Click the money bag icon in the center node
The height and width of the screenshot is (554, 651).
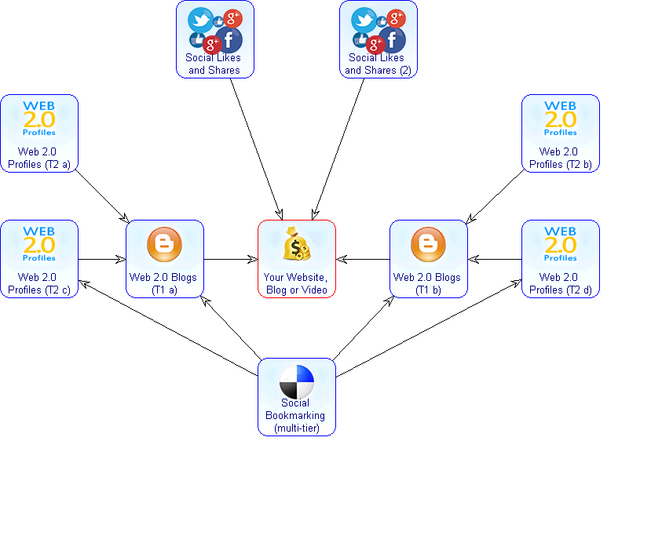point(297,244)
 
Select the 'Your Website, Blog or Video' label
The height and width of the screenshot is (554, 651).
point(297,283)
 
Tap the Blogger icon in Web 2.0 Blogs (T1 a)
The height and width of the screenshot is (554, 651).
point(164,245)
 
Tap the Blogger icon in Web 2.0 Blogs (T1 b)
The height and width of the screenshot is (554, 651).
point(428,245)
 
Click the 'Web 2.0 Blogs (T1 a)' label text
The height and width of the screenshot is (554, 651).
point(164,283)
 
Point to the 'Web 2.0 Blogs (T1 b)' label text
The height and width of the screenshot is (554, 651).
point(428,283)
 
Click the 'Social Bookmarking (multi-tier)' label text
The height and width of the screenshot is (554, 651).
point(297,416)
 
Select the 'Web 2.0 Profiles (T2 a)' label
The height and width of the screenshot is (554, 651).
point(39,158)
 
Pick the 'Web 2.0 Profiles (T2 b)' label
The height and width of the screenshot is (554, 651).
point(561,158)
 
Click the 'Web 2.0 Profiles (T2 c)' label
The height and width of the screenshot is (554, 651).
point(39,283)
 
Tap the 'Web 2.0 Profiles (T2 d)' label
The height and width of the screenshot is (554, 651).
point(561,283)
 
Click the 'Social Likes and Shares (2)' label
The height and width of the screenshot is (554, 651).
point(378,64)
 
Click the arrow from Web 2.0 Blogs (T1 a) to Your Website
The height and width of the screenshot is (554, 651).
point(231,259)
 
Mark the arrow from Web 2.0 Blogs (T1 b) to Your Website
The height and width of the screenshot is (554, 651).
point(363,259)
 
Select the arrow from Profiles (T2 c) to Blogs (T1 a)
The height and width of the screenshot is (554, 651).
point(102,259)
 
